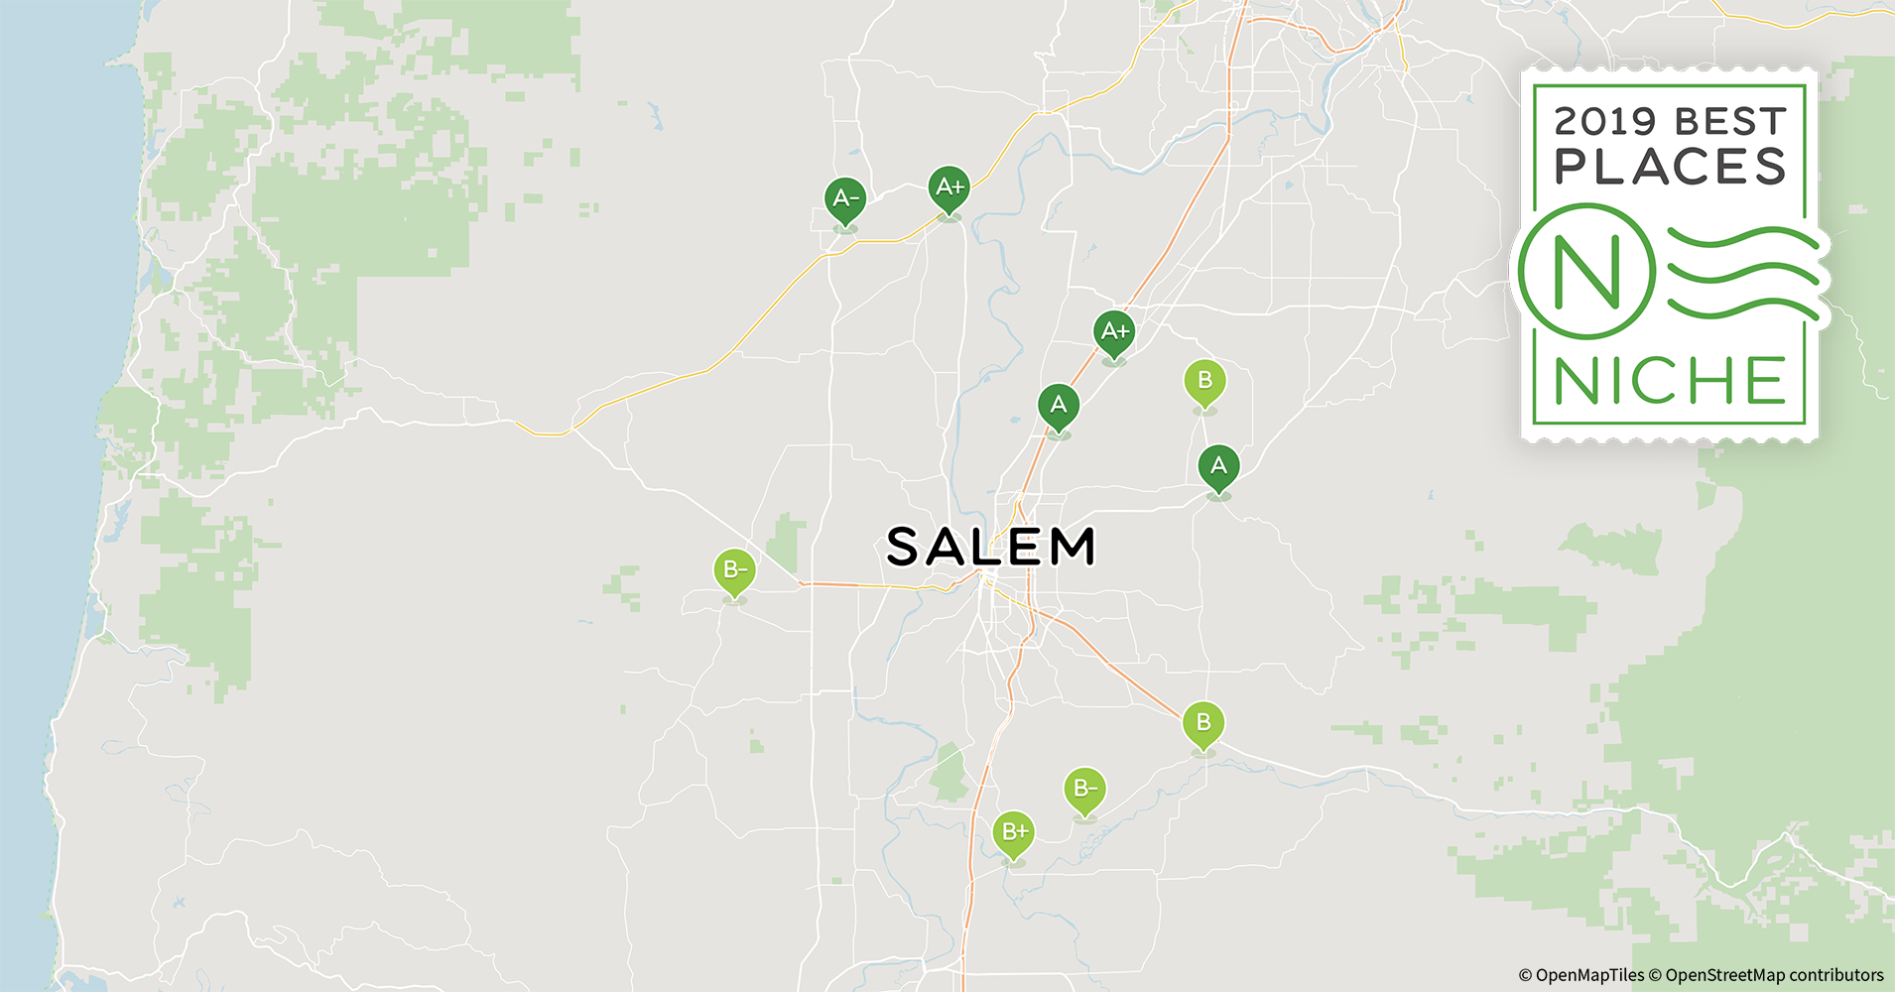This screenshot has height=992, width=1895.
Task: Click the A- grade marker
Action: pos(845,199)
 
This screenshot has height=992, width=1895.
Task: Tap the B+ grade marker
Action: pos(1014,831)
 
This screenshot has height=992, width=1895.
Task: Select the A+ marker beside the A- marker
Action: pos(949,186)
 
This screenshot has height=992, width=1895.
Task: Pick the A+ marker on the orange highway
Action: pos(1114,331)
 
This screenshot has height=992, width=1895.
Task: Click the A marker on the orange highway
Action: pos(1059,405)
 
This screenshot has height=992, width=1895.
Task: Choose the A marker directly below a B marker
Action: pos(1218,465)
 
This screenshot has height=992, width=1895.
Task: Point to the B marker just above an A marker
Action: pos(1204,380)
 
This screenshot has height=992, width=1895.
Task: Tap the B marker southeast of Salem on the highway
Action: pos(1203,722)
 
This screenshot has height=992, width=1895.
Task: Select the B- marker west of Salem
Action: pos(734,569)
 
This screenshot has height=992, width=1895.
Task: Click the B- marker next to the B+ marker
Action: pos(1084,789)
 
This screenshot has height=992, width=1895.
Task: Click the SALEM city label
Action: pos(991,547)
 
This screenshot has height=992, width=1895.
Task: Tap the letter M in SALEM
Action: pos(1073,547)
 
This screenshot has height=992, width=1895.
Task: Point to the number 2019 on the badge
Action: pos(1604,122)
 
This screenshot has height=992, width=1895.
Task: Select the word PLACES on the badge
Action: pos(1671,167)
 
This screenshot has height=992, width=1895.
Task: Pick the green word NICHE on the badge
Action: pos(1671,381)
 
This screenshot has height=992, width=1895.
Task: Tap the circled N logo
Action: pos(1587,271)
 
